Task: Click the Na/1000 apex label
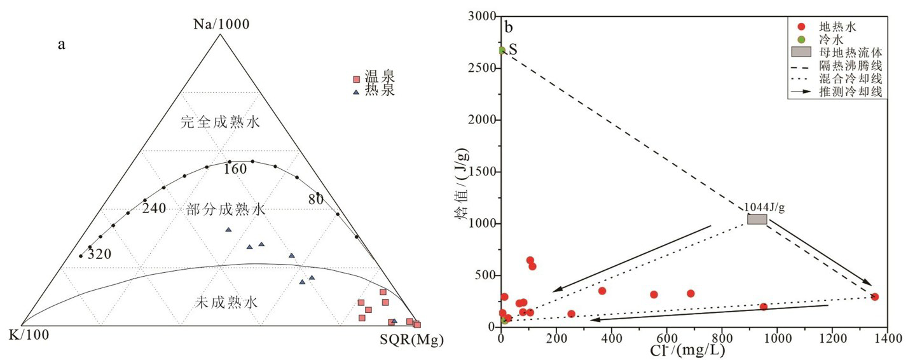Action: (x=221, y=24)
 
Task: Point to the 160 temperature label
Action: (x=235, y=169)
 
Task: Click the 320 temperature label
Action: (x=99, y=254)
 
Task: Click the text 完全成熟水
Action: (x=220, y=123)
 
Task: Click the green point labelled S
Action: (x=502, y=50)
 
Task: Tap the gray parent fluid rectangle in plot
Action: (x=757, y=219)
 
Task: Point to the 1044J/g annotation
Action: (x=764, y=207)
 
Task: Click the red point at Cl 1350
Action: (x=874, y=296)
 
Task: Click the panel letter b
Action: (x=509, y=28)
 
